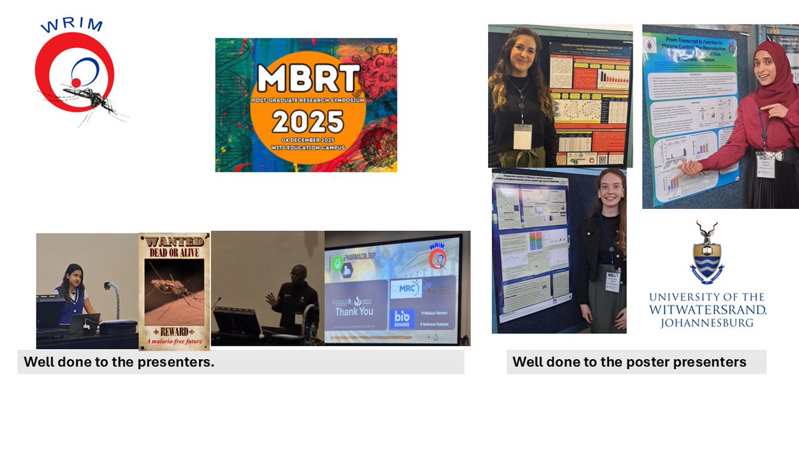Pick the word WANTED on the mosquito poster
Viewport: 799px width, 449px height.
pyautogui.click(x=174, y=242)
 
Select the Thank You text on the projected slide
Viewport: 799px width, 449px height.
pyautogui.click(x=354, y=311)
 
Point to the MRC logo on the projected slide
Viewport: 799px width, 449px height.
pyautogui.click(x=405, y=288)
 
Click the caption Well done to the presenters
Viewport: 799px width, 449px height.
pyautogui.click(x=119, y=363)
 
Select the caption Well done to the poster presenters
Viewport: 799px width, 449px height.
pyautogui.click(x=629, y=363)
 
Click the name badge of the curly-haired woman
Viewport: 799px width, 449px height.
pyautogui.click(x=522, y=136)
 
